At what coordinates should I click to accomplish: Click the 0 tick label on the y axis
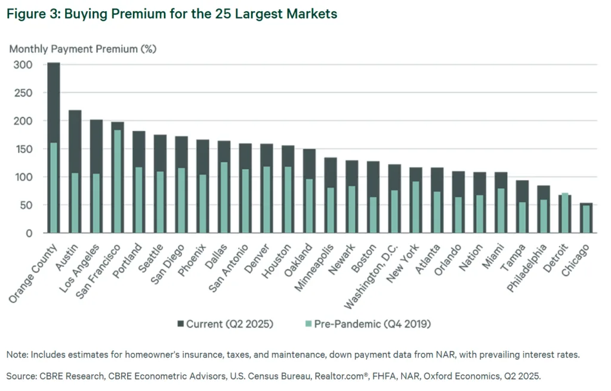point(28,233)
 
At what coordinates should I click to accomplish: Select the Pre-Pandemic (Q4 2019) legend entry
point(367,324)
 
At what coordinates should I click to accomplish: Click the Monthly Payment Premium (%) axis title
point(82,49)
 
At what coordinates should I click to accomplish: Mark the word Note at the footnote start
point(16,355)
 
